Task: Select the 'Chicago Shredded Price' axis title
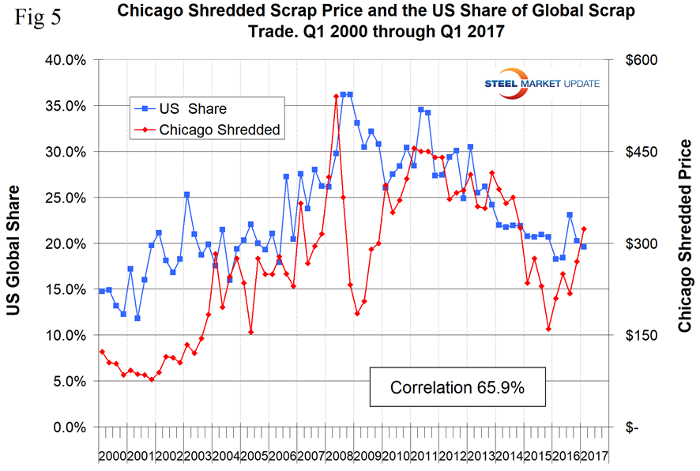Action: point(684,243)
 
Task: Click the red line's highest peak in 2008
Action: point(336,96)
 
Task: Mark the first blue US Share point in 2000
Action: point(102,291)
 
